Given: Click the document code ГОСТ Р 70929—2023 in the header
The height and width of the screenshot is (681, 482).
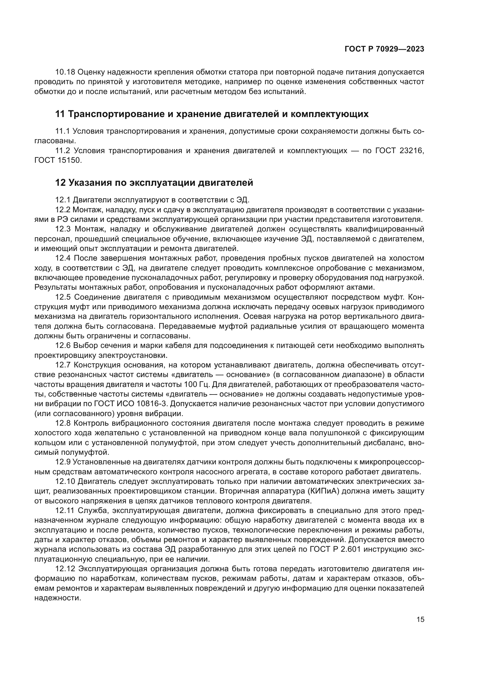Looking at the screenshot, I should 384,49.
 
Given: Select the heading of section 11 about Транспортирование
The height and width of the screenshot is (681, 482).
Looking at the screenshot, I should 212,114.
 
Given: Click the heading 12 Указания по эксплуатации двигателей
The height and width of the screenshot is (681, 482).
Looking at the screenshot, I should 154,183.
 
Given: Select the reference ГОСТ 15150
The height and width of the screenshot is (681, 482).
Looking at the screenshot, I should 58,160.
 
